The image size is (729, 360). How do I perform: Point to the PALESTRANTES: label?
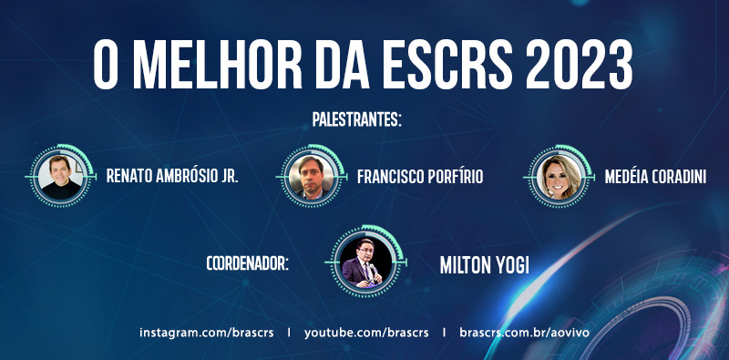click(356, 119)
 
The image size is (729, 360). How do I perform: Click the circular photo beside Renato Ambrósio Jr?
click(60, 177)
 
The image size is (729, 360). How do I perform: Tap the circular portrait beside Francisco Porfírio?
click(311, 177)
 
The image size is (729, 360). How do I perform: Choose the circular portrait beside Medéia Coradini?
click(560, 177)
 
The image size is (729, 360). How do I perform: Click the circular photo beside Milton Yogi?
click(365, 262)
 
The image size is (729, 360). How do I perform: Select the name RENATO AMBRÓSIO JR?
click(172, 176)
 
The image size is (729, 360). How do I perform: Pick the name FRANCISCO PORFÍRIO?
click(420, 176)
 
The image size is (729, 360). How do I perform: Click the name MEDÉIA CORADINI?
click(655, 176)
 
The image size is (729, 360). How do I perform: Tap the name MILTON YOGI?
click(485, 264)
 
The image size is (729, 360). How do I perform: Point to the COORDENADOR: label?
click(248, 263)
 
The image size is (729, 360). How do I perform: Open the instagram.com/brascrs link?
click(207, 333)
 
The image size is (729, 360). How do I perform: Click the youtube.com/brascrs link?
click(366, 333)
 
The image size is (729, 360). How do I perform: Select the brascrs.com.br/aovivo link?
click(525, 333)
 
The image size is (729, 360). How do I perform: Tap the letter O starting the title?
click(105, 65)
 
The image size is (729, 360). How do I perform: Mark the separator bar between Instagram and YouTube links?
click(289, 333)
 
